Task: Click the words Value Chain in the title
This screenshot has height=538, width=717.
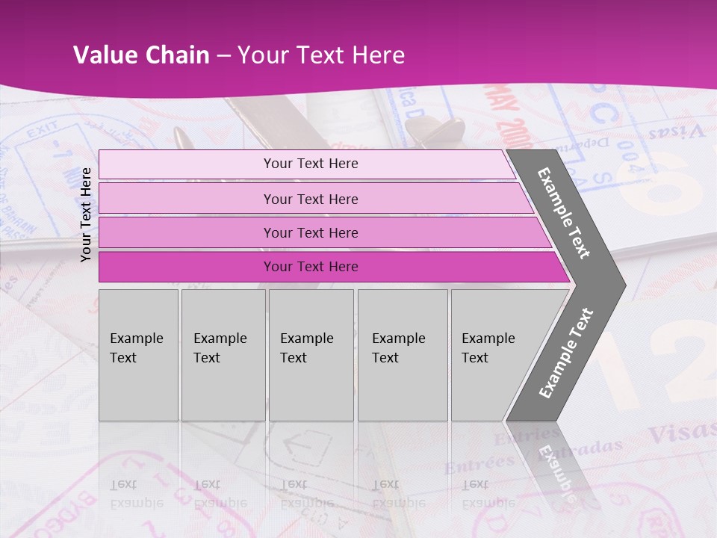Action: click(x=141, y=55)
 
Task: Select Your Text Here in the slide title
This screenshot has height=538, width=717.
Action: click(x=321, y=55)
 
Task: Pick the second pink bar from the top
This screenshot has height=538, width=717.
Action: click(x=310, y=199)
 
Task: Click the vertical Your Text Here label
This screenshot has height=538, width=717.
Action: click(x=87, y=214)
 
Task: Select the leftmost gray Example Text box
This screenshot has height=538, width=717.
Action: click(x=138, y=355)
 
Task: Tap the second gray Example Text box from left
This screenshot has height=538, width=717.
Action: click(x=223, y=355)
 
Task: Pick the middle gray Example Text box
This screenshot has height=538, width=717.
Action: click(x=311, y=355)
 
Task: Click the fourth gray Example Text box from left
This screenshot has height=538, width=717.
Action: click(x=402, y=355)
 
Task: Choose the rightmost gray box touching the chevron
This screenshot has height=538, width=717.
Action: click(x=493, y=355)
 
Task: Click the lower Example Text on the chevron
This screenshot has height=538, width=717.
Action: click(x=565, y=353)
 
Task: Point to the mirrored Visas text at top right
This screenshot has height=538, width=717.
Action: click(x=676, y=133)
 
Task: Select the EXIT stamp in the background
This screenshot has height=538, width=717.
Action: click(x=42, y=133)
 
